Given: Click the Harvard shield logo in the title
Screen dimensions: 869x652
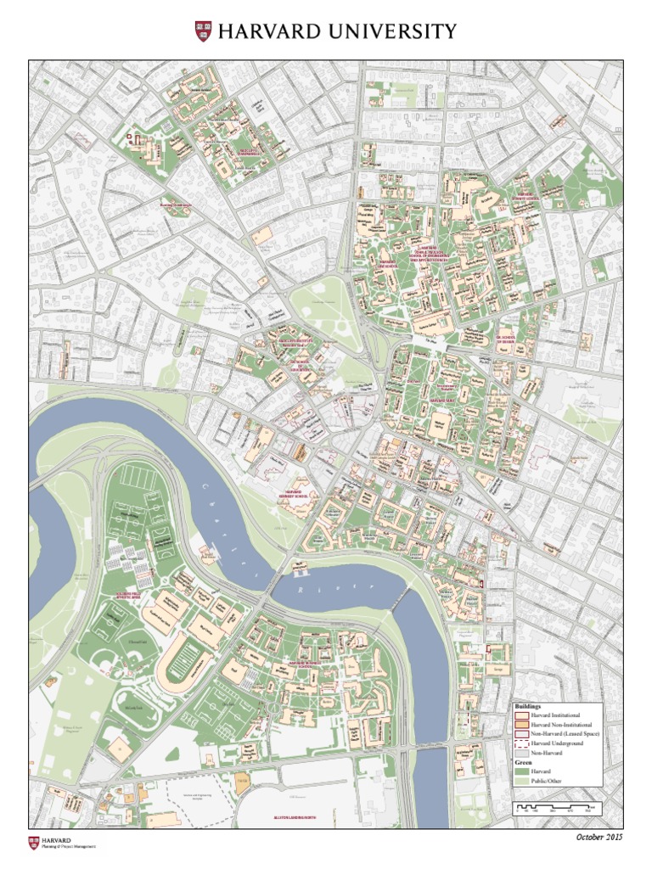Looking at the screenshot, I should pos(203,32).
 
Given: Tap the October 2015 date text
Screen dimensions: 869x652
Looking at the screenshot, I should pos(599,838).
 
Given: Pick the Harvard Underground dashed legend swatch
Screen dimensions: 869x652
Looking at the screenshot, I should pos(520,743).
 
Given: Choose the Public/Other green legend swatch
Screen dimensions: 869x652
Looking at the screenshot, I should pos(520,780).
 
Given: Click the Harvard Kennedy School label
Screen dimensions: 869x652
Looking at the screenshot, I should pos(293,495).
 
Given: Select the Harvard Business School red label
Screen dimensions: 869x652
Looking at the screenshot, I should pos(314,661).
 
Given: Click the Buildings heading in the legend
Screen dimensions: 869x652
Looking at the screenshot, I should pos(526,706).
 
